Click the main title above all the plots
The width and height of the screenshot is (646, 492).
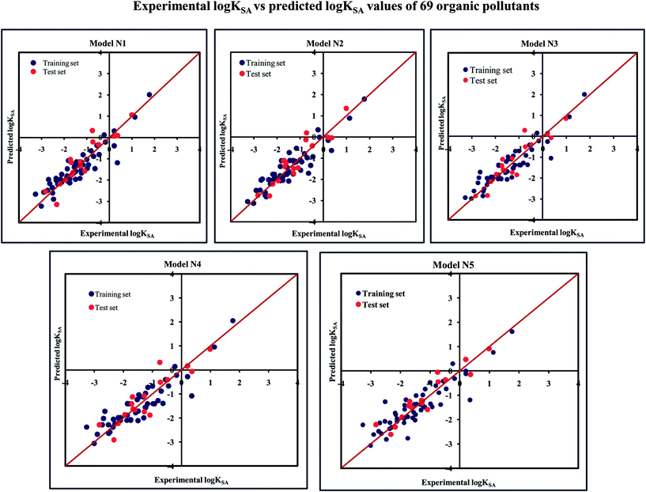[x=323, y=9]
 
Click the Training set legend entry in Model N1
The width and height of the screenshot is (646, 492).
[x=59, y=60]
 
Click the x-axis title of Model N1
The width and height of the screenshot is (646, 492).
[x=109, y=232]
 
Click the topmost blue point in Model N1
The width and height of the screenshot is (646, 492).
[x=149, y=95]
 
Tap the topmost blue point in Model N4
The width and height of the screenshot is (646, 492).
[x=232, y=320]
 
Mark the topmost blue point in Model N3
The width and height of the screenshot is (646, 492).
[x=584, y=94]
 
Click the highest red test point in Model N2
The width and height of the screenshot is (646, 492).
[x=346, y=108]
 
